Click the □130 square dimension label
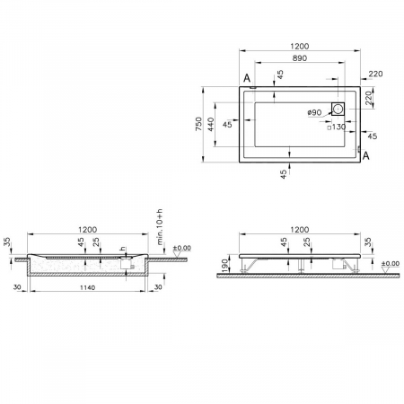pyautogui.click(x=338, y=127)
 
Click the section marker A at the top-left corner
pyautogui.click(x=246, y=78)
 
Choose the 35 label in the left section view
pyautogui.click(x=6, y=242)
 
